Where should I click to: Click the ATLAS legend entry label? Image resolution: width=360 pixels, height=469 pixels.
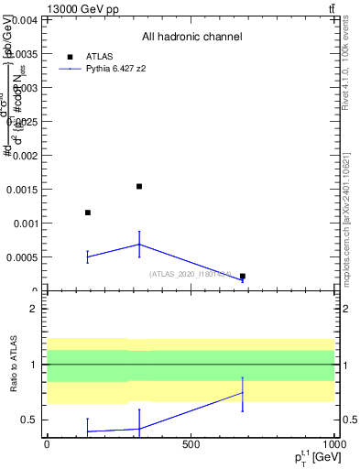click(100, 56)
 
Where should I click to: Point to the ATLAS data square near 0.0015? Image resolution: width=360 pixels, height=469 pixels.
click(139, 186)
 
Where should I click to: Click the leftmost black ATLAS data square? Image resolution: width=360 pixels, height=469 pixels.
click(88, 213)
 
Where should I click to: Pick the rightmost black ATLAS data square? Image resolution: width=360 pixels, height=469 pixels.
click(243, 276)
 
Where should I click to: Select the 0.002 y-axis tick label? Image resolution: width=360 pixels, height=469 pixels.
click(26, 155)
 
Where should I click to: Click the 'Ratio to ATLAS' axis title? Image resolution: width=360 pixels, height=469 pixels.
click(13, 365)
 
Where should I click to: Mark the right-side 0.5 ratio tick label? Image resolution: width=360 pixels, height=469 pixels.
click(349, 420)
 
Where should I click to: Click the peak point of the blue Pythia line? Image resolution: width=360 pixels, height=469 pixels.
click(139, 244)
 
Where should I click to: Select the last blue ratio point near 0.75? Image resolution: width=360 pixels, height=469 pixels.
click(243, 392)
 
